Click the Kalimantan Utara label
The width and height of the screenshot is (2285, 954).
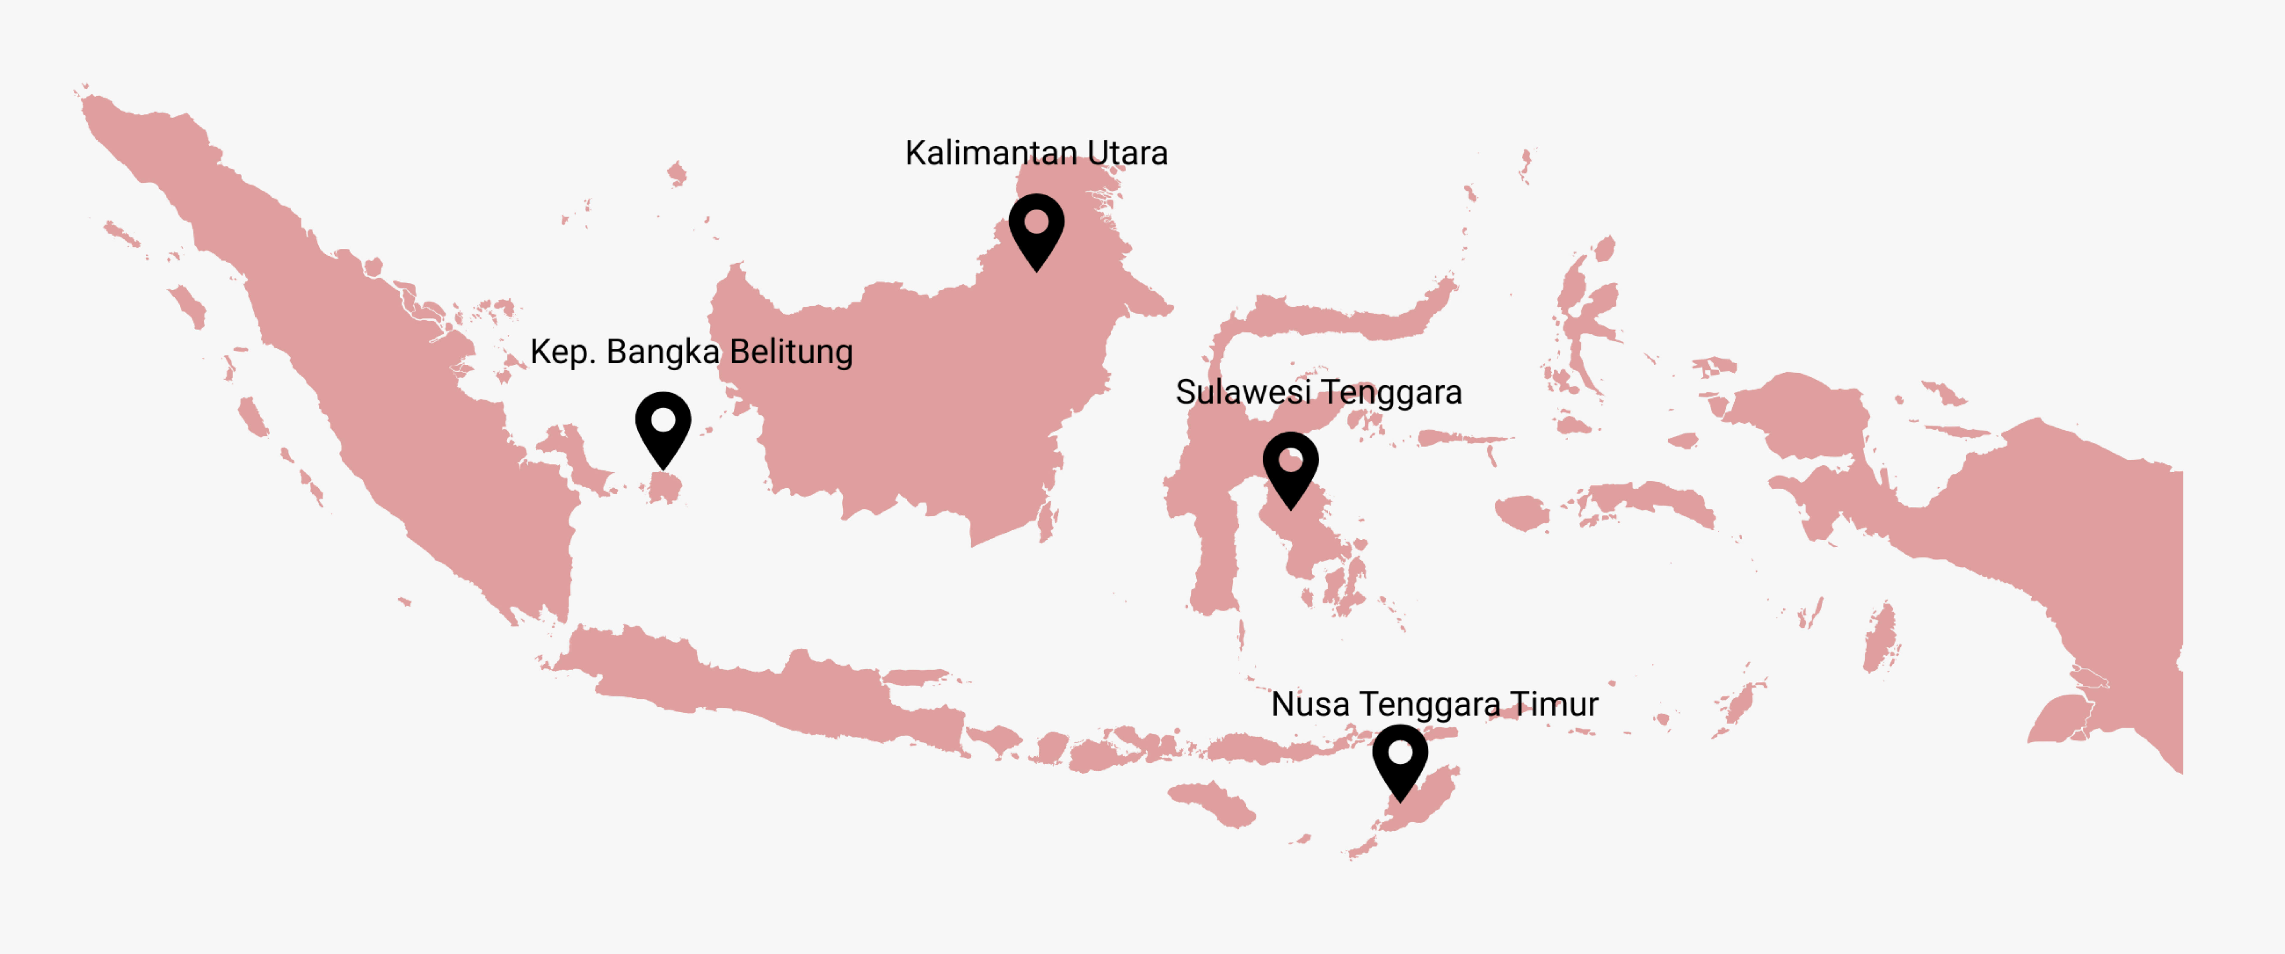1036,154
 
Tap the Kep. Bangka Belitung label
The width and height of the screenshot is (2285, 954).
691,352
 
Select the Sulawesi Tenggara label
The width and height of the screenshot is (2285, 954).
1318,392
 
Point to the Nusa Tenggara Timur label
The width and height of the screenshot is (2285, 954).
1434,705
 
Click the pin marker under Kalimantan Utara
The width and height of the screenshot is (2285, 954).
1036,229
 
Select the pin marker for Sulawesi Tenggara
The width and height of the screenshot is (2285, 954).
1291,468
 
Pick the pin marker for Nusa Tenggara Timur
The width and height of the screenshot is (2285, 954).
1400,760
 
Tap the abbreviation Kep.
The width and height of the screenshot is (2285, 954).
562,352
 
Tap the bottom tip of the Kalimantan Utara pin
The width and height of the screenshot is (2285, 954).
1036,270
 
